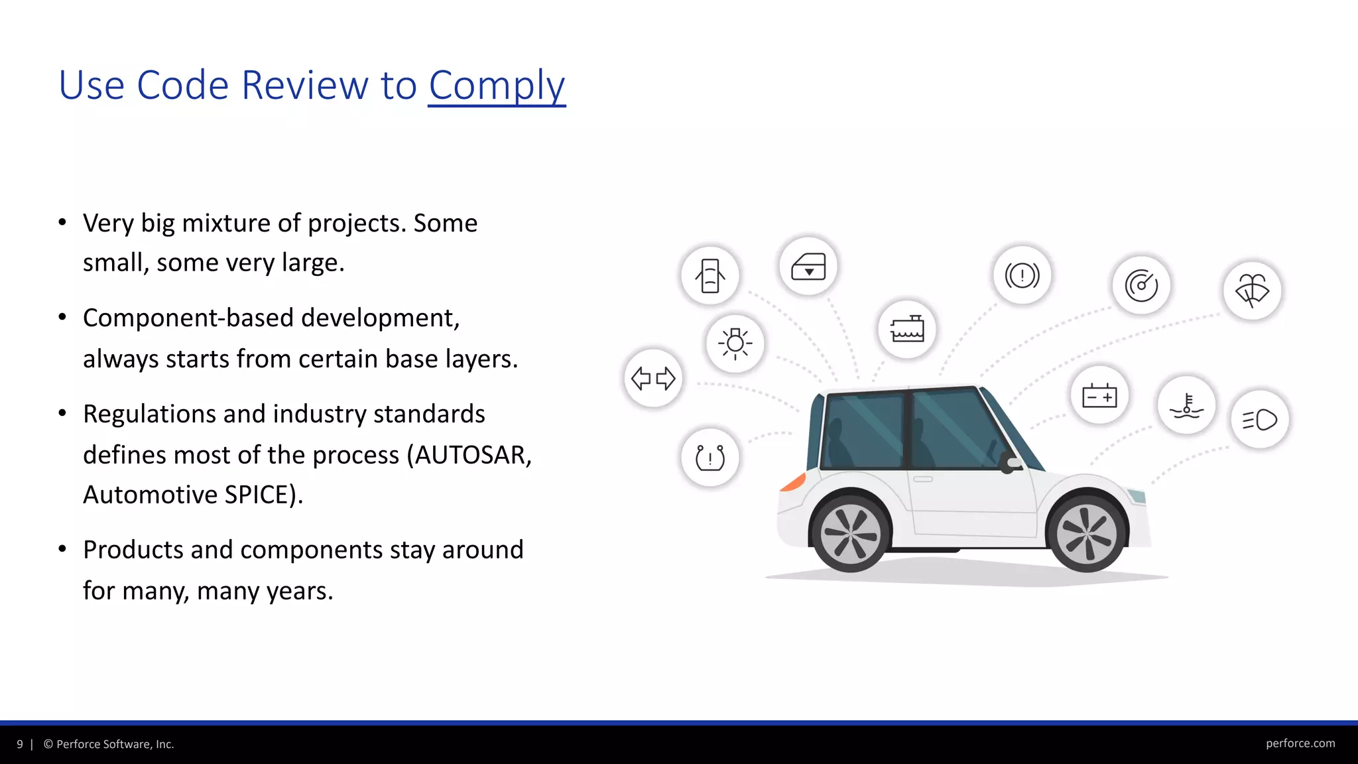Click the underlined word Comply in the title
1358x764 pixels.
pos(497,86)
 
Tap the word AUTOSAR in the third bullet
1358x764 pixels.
pos(469,455)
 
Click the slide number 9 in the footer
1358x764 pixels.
pos(20,744)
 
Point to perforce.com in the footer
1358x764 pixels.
pos(1300,743)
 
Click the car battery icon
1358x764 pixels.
pos(1099,396)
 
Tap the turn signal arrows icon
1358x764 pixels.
pos(653,379)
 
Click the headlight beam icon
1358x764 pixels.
pos(1259,420)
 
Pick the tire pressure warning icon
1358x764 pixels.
pos(710,458)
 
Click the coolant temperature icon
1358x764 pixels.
pos(1186,405)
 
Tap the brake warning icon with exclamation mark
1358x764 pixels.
pos(1022,275)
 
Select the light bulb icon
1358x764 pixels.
pos(735,344)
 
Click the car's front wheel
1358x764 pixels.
pos(1086,532)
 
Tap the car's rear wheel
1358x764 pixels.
pos(850,533)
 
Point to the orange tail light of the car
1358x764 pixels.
pos(792,482)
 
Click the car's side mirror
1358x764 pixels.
pos(1011,463)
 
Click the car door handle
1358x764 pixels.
pos(923,479)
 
